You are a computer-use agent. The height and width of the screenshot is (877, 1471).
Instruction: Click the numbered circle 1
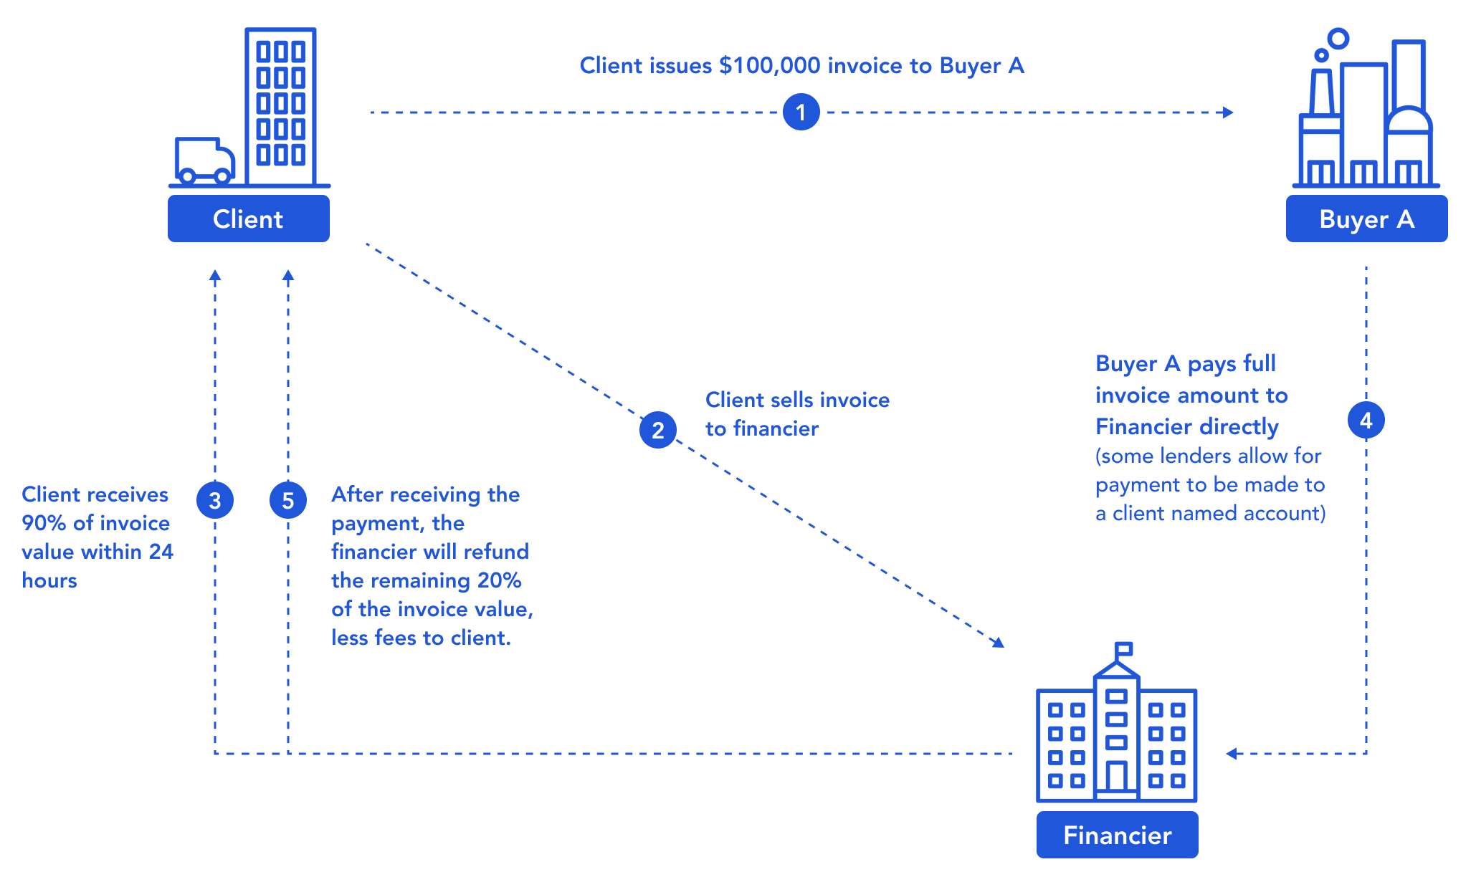coord(801,112)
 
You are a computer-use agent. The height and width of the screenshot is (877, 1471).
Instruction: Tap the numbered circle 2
coord(657,430)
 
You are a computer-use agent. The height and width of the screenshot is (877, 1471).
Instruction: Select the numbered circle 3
coord(214,500)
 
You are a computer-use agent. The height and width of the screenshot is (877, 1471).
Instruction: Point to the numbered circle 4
coord(1366,421)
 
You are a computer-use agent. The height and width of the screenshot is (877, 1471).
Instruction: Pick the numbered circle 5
coord(287,500)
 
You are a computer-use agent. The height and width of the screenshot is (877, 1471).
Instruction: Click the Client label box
coord(248,219)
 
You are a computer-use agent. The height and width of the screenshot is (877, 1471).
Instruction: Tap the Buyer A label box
coord(1366,219)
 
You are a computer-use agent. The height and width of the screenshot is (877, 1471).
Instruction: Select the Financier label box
coord(1117,835)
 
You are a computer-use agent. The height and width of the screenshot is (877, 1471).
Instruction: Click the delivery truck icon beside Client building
coord(204,160)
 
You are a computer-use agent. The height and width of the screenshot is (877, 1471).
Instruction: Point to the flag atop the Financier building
coord(1123,649)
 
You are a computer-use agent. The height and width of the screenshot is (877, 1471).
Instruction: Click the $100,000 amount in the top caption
coord(769,65)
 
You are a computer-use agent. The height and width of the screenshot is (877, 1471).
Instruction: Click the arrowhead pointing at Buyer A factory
coord(1228,112)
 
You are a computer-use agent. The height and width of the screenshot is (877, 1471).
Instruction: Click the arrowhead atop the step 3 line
coord(214,275)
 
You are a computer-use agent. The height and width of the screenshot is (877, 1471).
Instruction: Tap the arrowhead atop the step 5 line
coord(287,275)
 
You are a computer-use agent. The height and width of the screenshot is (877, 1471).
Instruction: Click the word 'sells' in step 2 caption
coord(790,400)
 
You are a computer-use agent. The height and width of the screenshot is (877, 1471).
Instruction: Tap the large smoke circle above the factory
coord(1338,38)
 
